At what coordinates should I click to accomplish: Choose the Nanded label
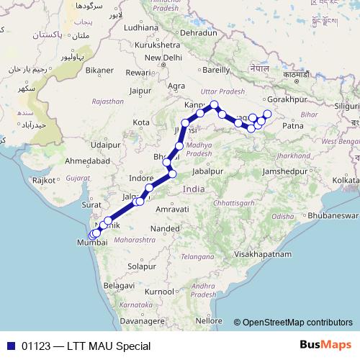165,228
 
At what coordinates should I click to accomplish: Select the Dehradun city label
199,33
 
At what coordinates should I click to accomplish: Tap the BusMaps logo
328,346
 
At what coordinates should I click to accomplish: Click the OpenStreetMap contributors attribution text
297,323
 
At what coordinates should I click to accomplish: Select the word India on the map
194,189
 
